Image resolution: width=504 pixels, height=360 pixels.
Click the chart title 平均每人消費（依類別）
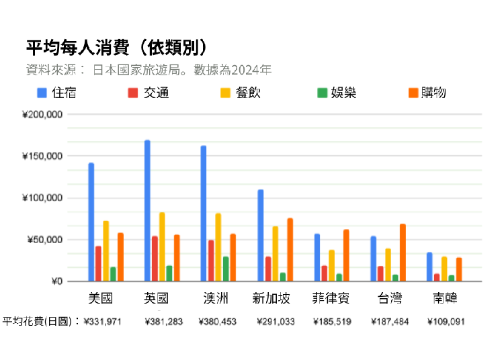tap(116, 48)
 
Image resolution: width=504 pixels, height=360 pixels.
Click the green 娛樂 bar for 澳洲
tap(226, 269)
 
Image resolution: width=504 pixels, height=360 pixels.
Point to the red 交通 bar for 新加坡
tap(268, 269)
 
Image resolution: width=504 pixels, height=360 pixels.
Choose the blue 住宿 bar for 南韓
tap(429, 267)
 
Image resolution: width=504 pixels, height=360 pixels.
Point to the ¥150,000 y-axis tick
tap(43, 156)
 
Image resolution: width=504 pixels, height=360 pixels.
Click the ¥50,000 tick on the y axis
tap(45, 240)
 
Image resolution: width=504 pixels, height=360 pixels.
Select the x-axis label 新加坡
tap(271, 298)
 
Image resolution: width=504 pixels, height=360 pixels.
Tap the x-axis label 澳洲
tap(215, 298)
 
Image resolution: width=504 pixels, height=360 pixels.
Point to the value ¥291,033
tap(276, 322)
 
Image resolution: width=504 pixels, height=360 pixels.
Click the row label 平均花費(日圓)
tap(40, 321)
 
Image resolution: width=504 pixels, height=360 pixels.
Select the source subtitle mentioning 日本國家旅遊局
tap(148, 69)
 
